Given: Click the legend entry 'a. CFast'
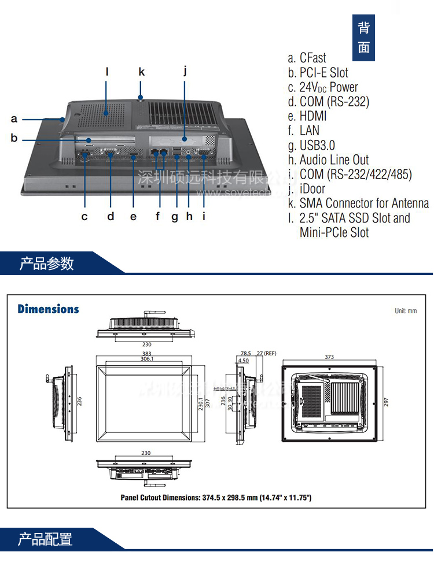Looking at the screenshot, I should (307, 58).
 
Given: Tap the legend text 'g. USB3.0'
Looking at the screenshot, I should (311, 145).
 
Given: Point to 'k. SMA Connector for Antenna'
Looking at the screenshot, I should (358, 203).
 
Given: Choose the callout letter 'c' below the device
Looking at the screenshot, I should (84, 217).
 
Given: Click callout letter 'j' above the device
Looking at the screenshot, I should (185, 71).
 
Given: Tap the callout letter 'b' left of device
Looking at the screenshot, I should (14, 138).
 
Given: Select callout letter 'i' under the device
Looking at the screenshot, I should (204, 217).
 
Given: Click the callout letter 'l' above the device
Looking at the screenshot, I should (107, 72).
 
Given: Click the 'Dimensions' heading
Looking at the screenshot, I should (48, 309).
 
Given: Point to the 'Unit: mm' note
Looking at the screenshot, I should (406, 311).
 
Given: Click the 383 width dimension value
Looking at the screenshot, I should (146, 353).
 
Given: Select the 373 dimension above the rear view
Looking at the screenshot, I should (329, 357).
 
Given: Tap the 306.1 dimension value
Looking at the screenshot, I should (146, 359).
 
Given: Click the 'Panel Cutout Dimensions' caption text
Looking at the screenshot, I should (216, 497).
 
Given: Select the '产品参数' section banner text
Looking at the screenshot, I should (47, 264).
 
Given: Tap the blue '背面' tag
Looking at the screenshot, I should (363, 38).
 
